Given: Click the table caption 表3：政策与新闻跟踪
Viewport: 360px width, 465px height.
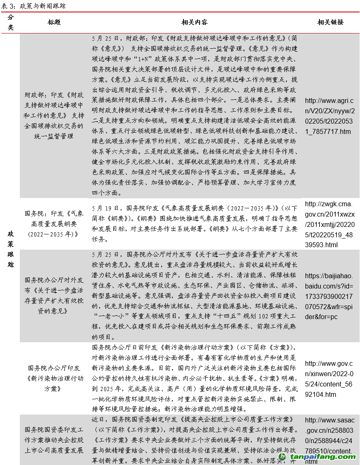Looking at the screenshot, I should pyautogui.click(x=33, y=6).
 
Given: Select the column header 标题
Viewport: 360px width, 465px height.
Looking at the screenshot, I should pyautogui.click(x=54, y=22).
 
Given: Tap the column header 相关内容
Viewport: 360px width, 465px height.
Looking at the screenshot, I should pyautogui.click(x=194, y=22).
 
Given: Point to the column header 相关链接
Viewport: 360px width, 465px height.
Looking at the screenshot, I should pyautogui.click(x=330, y=22).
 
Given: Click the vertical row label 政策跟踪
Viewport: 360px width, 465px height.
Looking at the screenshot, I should pyautogui.click(x=11, y=248).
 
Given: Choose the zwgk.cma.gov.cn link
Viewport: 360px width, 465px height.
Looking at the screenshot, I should pyautogui.click(x=329, y=224).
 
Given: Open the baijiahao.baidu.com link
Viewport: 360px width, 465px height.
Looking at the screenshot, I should pyautogui.click(x=329, y=296).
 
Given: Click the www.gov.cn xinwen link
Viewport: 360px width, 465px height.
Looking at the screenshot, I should pyautogui.click(x=329, y=379).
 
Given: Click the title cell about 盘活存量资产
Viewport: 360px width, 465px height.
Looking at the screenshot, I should pyautogui.click(x=54, y=296).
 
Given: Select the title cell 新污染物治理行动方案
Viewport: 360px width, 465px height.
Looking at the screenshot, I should pyautogui.click(x=54, y=378).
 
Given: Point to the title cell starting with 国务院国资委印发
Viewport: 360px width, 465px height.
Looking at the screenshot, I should pyautogui.click(x=54, y=440).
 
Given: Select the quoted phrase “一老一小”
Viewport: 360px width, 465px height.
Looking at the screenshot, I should pyautogui.click(x=108, y=317).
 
